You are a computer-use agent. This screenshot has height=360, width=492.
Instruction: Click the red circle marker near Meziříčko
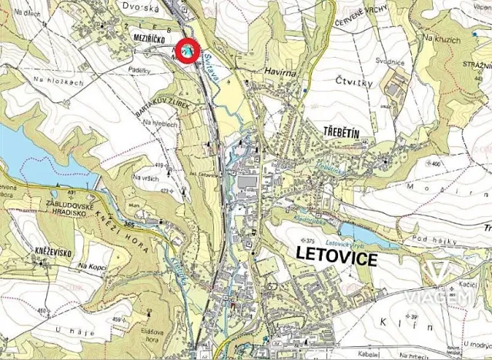[x=187, y=51]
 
